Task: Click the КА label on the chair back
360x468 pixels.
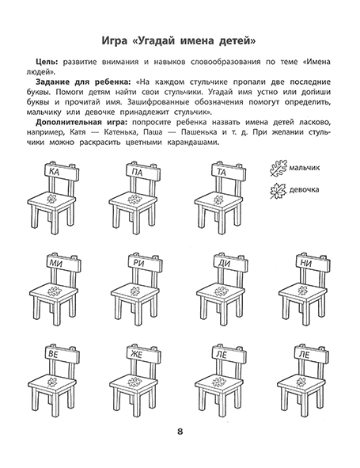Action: [54, 170]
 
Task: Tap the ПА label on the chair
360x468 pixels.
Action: [139, 170]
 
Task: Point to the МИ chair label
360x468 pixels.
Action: [54, 262]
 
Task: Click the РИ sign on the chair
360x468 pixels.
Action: [139, 262]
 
